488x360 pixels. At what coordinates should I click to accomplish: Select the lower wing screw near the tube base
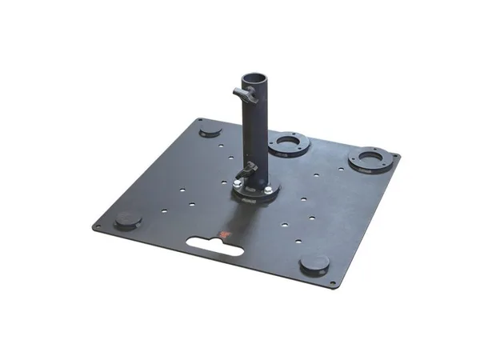point(250,168)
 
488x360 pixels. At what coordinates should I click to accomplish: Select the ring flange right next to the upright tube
point(289,145)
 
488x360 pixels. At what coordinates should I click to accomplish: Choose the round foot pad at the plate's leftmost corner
point(127,219)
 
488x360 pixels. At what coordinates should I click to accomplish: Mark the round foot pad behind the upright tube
point(210,128)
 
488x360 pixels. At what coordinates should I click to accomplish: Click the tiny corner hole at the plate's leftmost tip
point(98,227)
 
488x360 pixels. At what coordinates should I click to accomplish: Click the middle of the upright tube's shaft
point(255,128)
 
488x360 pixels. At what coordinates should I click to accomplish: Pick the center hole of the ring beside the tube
point(289,144)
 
